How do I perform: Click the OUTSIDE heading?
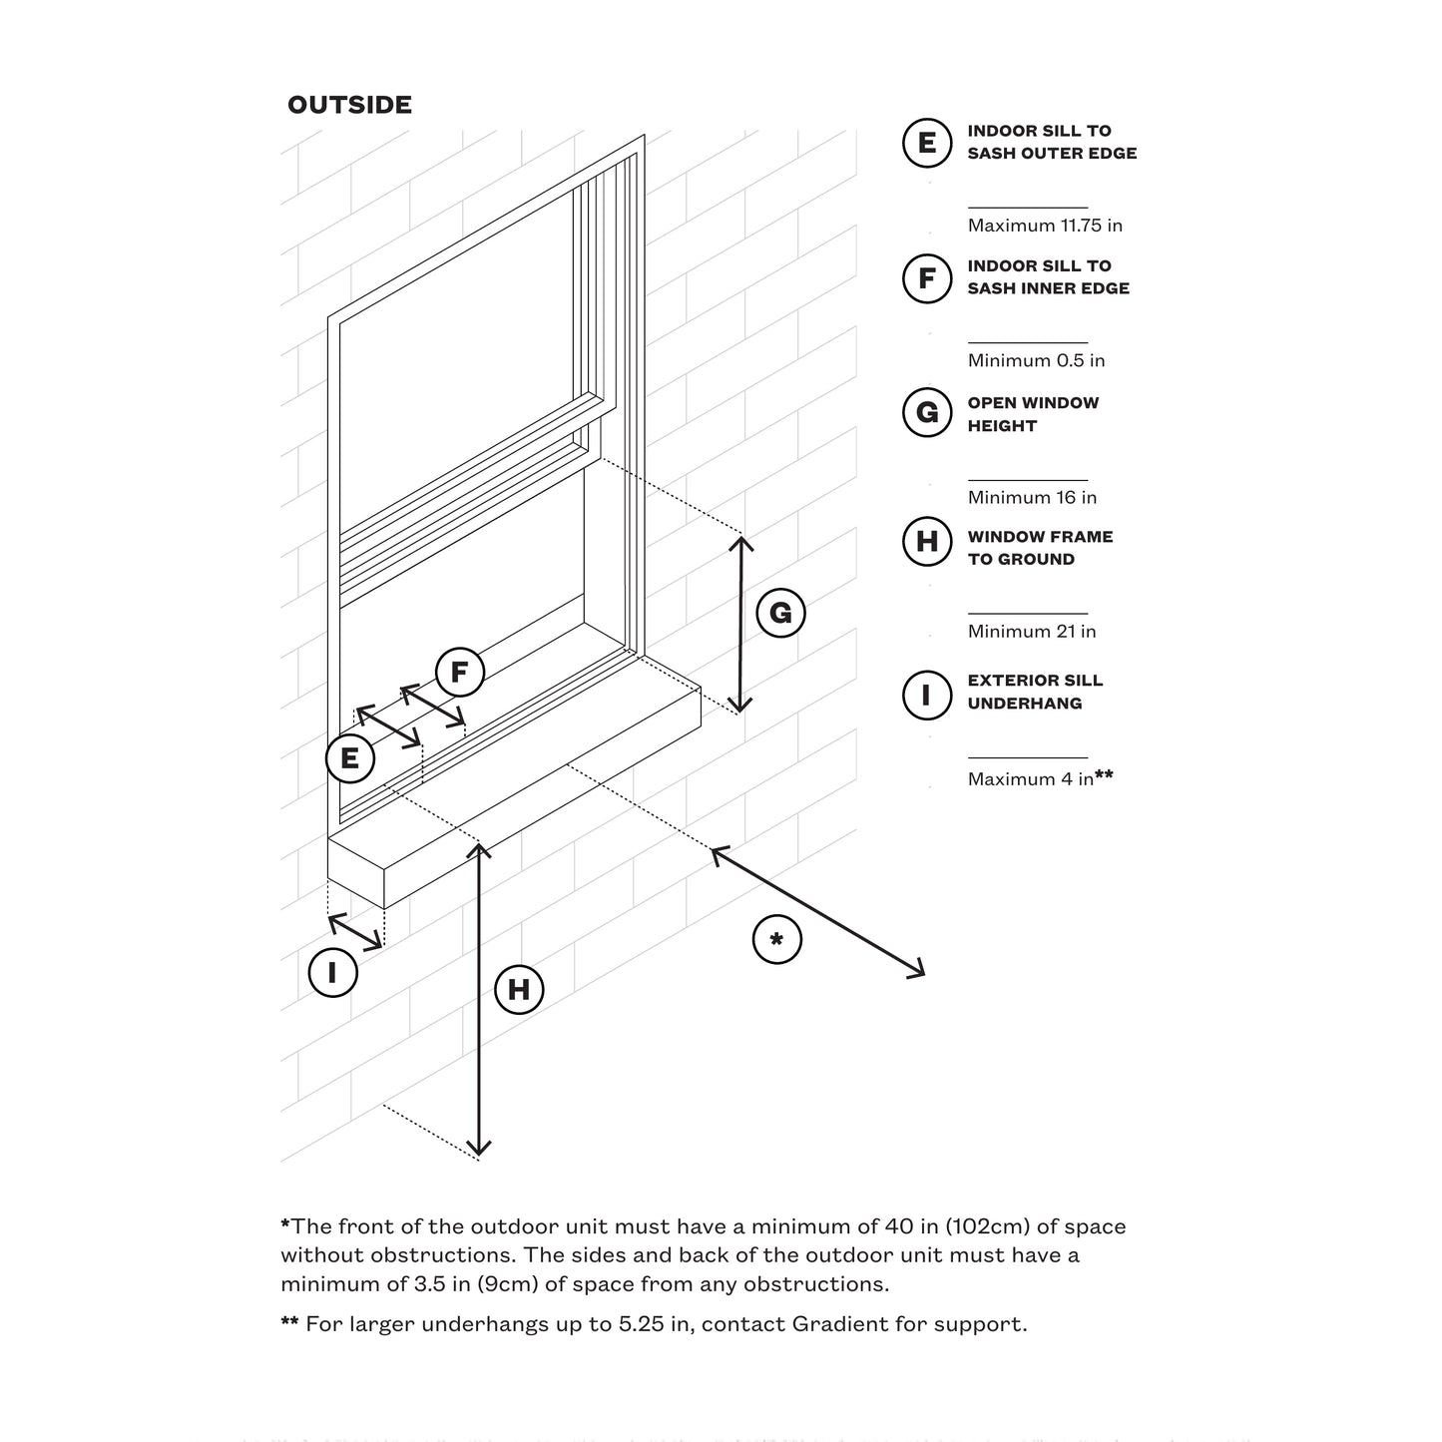point(349,105)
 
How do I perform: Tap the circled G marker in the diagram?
point(780,613)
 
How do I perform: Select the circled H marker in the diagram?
point(519,989)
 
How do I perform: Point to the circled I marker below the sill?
point(332,971)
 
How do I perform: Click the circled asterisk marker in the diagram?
point(776,939)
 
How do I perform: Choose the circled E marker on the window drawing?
point(349,758)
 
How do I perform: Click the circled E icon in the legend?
point(926,143)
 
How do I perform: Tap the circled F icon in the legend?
point(926,277)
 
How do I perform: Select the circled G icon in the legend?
point(926,413)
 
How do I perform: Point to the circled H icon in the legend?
point(926,542)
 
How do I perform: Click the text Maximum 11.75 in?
point(1045,226)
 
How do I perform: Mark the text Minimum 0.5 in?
point(1036,360)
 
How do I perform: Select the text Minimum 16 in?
point(1032,497)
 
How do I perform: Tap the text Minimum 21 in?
point(1032,631)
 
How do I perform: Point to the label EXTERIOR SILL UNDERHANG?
point(1035,692)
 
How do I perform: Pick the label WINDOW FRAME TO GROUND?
point(1040,548)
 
